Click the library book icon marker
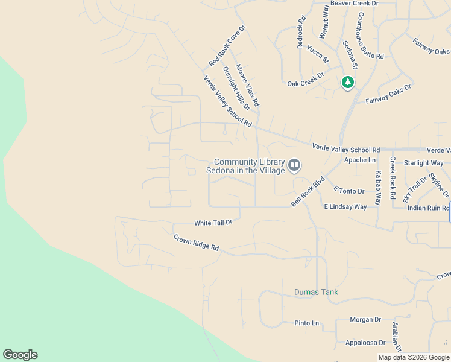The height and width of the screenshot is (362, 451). [x=294, y=165]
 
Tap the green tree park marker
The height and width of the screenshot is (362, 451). [x=347, y=82]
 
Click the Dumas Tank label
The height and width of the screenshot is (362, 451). [x=316, y=292]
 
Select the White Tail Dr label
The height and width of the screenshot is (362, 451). [x=213, y=223]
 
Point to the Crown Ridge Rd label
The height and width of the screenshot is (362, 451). [x=196, y=243]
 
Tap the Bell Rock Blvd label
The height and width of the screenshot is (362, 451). [x=308, y=191]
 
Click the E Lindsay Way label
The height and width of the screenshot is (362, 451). [x=345, y=206]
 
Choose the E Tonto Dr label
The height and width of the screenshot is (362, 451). [x=349, y=191]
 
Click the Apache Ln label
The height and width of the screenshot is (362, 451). [x=359, y=160]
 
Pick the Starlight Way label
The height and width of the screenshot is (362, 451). [x=423, y=163]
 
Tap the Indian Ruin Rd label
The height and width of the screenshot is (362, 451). [x=428, y=208]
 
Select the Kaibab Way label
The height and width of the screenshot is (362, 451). [x=378, y=187]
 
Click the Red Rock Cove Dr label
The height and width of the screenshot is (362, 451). [x=227, y=45]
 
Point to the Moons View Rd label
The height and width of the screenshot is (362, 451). [x=247, y=85]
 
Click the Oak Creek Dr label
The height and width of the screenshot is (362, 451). [x=305, y=84]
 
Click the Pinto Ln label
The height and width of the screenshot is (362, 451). [x=307, y=323]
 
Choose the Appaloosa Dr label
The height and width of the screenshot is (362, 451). [x=365, y=343]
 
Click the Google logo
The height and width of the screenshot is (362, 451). [x=20, y=355]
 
